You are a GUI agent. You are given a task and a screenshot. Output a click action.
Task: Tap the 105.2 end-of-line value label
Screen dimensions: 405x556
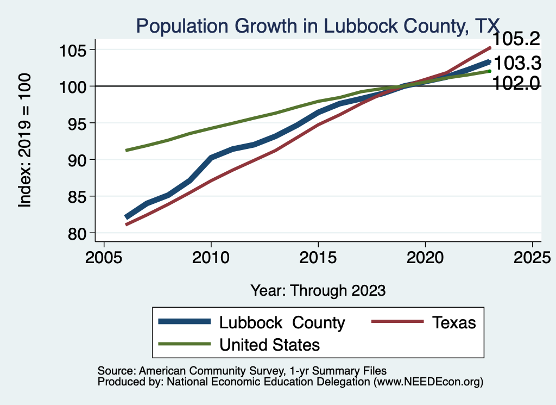point(516,39)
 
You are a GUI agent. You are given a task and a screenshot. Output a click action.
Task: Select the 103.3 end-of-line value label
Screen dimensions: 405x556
point(518,64)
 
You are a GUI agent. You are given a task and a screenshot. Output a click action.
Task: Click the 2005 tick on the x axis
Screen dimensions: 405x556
point(104,256)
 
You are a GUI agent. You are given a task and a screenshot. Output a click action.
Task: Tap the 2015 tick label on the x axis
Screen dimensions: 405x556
point(318,256)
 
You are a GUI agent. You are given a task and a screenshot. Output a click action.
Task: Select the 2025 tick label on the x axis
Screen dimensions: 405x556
point(532,256)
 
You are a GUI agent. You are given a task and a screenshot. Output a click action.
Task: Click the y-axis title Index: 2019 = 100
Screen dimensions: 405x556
point(25,140)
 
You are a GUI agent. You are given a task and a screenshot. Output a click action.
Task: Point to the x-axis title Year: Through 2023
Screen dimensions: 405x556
point(318,290)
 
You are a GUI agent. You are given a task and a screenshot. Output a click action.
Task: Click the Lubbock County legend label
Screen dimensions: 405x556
point(282,322)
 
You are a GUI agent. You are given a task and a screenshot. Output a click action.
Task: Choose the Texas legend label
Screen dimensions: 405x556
point(454,322)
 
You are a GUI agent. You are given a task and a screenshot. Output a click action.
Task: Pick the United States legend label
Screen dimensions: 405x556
point(269,344)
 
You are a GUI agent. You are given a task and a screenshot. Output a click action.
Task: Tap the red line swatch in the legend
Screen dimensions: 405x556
point(397,322)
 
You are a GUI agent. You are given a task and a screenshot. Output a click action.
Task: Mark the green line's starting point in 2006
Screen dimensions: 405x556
point(126,150)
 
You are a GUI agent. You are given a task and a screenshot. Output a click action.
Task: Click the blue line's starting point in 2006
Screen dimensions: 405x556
point(126,217)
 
